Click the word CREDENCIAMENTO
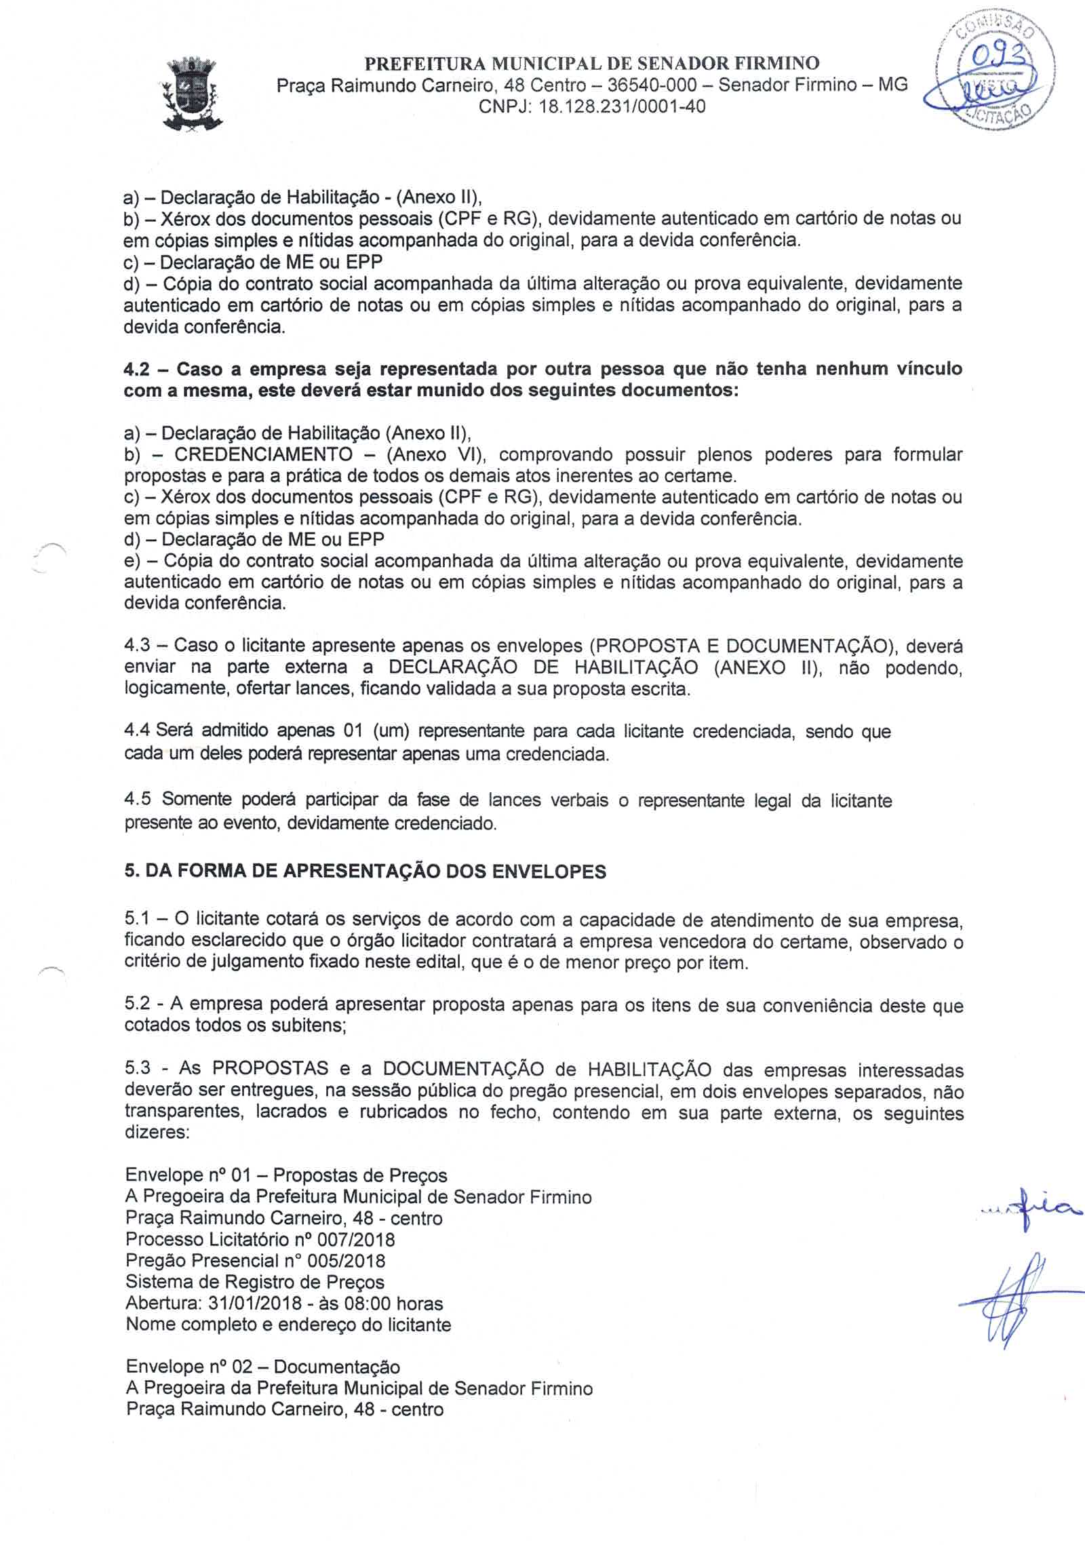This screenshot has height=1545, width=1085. click(x=263, y=454)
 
